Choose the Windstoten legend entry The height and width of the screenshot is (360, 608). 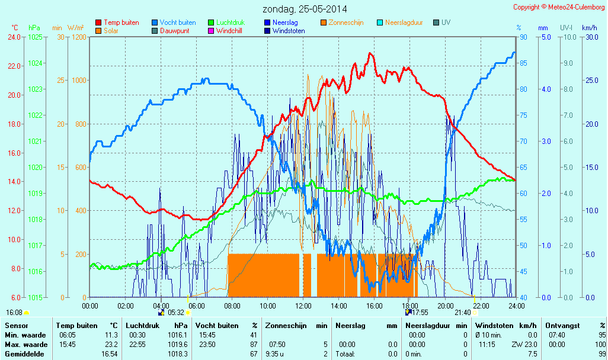[x=289, y=31]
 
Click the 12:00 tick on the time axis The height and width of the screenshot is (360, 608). [x=303, y=306]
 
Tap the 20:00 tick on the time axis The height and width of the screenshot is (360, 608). [x=446, y=306]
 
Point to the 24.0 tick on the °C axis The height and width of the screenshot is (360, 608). [x=14, y=37]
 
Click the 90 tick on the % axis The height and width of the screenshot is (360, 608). [x=523, y=37]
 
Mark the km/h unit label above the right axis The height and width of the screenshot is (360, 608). [x=589, y=28]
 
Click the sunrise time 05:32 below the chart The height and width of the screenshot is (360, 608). [x=177, y=313]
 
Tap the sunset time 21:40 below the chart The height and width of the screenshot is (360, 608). [x=462, y=313]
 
